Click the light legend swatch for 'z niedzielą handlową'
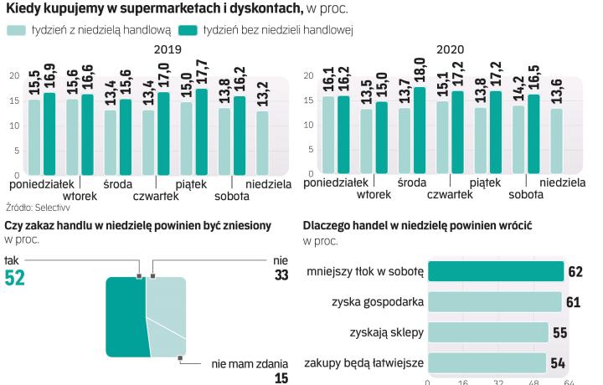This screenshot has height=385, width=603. tap(14, 30)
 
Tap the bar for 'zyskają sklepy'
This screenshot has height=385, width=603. tap(487, 331)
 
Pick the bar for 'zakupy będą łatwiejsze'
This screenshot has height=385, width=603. tap(486, 362)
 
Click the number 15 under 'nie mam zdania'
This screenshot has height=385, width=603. tap(282, 377)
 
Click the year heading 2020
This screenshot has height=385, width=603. tap(450, 49)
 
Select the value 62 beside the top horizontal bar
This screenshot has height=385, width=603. tap(575, 271)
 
